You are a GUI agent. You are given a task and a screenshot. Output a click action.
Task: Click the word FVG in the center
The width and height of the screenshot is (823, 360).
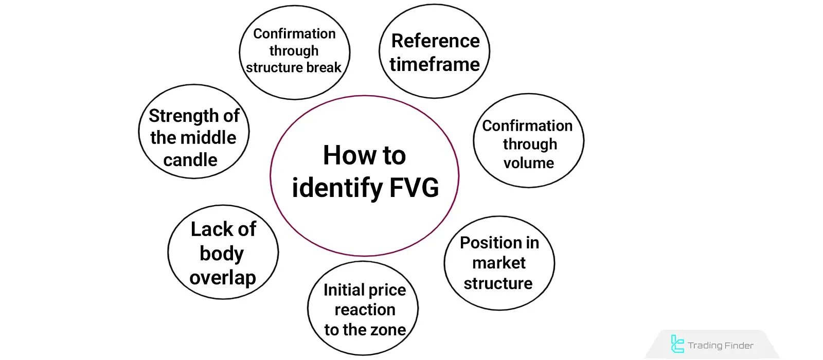click(x=414, y=187)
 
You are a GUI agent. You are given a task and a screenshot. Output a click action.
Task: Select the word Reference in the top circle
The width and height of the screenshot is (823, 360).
click(x=435, y=41)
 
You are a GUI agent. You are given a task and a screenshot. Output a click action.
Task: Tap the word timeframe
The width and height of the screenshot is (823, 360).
click(x=435, y=64)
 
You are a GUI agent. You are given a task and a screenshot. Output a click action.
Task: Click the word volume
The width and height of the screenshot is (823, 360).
click(x=529, y=163)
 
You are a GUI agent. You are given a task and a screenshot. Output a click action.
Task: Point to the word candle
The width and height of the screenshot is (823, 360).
click(x=190, y=160)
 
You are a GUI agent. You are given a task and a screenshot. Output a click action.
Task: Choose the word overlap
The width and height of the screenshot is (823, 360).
click(x=223, y=278)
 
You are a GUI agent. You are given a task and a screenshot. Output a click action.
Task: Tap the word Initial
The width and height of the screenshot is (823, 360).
click(x=344, y=290)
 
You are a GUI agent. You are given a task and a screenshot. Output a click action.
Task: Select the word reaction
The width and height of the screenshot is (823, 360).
click(x=365, y=310)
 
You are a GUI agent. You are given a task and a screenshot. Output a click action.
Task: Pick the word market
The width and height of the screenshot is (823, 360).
click(x=499, y=263)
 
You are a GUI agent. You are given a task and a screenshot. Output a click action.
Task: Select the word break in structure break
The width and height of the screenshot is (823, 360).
click(x=324, y=67)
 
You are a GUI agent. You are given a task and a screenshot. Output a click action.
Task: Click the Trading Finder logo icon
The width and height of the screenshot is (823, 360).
click(x=677, y=344)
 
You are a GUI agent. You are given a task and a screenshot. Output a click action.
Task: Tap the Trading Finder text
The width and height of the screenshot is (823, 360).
click(x=720, y=346)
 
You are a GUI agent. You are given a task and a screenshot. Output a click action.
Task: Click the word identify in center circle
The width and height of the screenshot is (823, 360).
click(x=337, y=188)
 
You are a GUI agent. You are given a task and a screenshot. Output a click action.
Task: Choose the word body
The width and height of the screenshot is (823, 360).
click(x=222, y=254)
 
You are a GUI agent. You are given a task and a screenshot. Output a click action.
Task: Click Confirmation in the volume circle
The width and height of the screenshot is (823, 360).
click(x=527, y=125)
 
